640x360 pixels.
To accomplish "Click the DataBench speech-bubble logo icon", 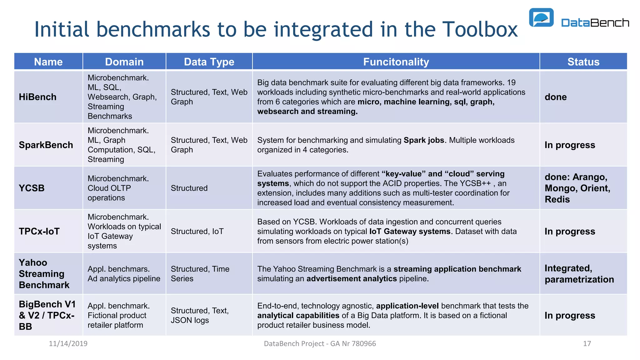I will (541, 18).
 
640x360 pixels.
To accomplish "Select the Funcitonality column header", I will (396, 62).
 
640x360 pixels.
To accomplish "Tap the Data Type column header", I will (209, 62).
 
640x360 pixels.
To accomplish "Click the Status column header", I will (583, 62).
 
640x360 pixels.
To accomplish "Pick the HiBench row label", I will (38, 97).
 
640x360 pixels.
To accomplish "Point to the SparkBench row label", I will (46, 145).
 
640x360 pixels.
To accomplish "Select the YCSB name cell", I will (32, 188).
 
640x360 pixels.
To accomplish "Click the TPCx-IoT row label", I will (39, 231).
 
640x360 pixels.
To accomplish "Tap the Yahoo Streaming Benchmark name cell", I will (44, 274).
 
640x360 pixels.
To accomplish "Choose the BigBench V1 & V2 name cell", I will (47, 315).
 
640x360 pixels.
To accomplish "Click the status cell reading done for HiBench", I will (556, 97).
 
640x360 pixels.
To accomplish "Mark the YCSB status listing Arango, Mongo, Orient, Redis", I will (577, 188).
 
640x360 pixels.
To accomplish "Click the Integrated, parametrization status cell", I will (579, 274).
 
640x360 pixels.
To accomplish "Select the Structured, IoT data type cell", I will (197, 231).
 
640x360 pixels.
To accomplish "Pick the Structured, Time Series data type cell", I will (200, 274).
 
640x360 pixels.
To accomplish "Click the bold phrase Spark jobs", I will (424, 140).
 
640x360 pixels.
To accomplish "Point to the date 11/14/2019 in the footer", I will (68, 344).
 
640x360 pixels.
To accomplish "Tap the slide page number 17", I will (587, 344).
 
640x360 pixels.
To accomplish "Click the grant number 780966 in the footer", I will (364, 344).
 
